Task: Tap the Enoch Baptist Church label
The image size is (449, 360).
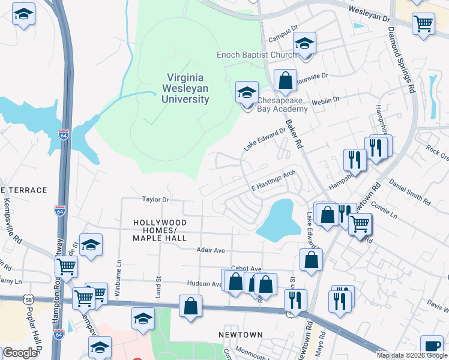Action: click(256, 55)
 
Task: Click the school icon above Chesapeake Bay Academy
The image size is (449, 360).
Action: click(247, 93)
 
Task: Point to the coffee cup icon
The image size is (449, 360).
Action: click(432, 346)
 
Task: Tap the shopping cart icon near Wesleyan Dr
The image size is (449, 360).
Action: click(423, 24)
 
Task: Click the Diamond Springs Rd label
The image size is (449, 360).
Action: click(402, 60)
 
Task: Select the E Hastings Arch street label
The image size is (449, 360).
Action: click(274, 179)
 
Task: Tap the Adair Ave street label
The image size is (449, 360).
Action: click(210, 250)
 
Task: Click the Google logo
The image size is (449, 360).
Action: click(19, 353)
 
